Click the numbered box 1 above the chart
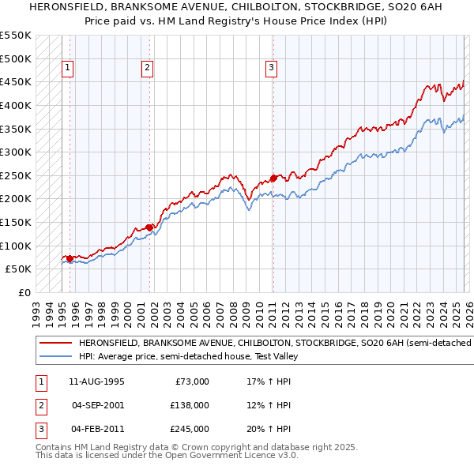click(69, 69)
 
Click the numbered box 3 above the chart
click(271, 69)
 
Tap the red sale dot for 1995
click(70, 258)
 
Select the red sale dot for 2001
click(149, 227)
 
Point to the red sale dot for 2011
click(273, 178)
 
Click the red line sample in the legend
click(55, 344)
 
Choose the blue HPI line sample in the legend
click(55, 356)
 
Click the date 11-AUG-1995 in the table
click(98, 381)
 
